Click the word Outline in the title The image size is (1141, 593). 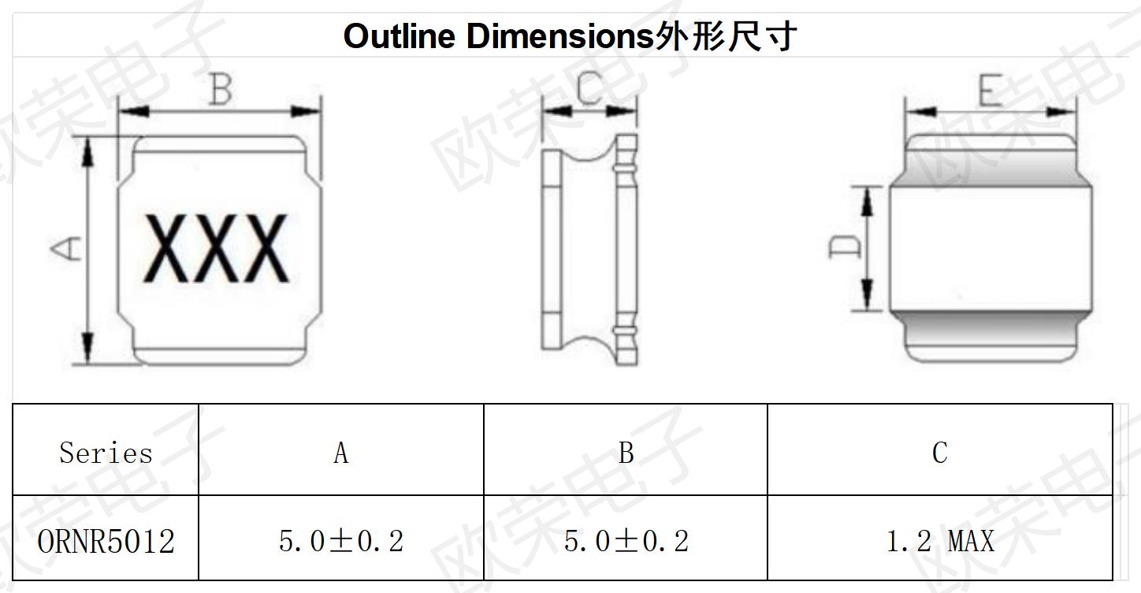point(399,37)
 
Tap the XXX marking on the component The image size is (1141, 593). point(217,248)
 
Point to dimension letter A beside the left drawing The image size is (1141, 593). point(66,248)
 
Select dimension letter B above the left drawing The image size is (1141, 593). point(221,89)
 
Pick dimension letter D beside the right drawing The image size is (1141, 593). point(845,247)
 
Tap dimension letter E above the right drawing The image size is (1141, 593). point(990,90)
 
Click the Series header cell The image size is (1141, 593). point(106,453)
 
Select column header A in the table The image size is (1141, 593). point(341,453)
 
